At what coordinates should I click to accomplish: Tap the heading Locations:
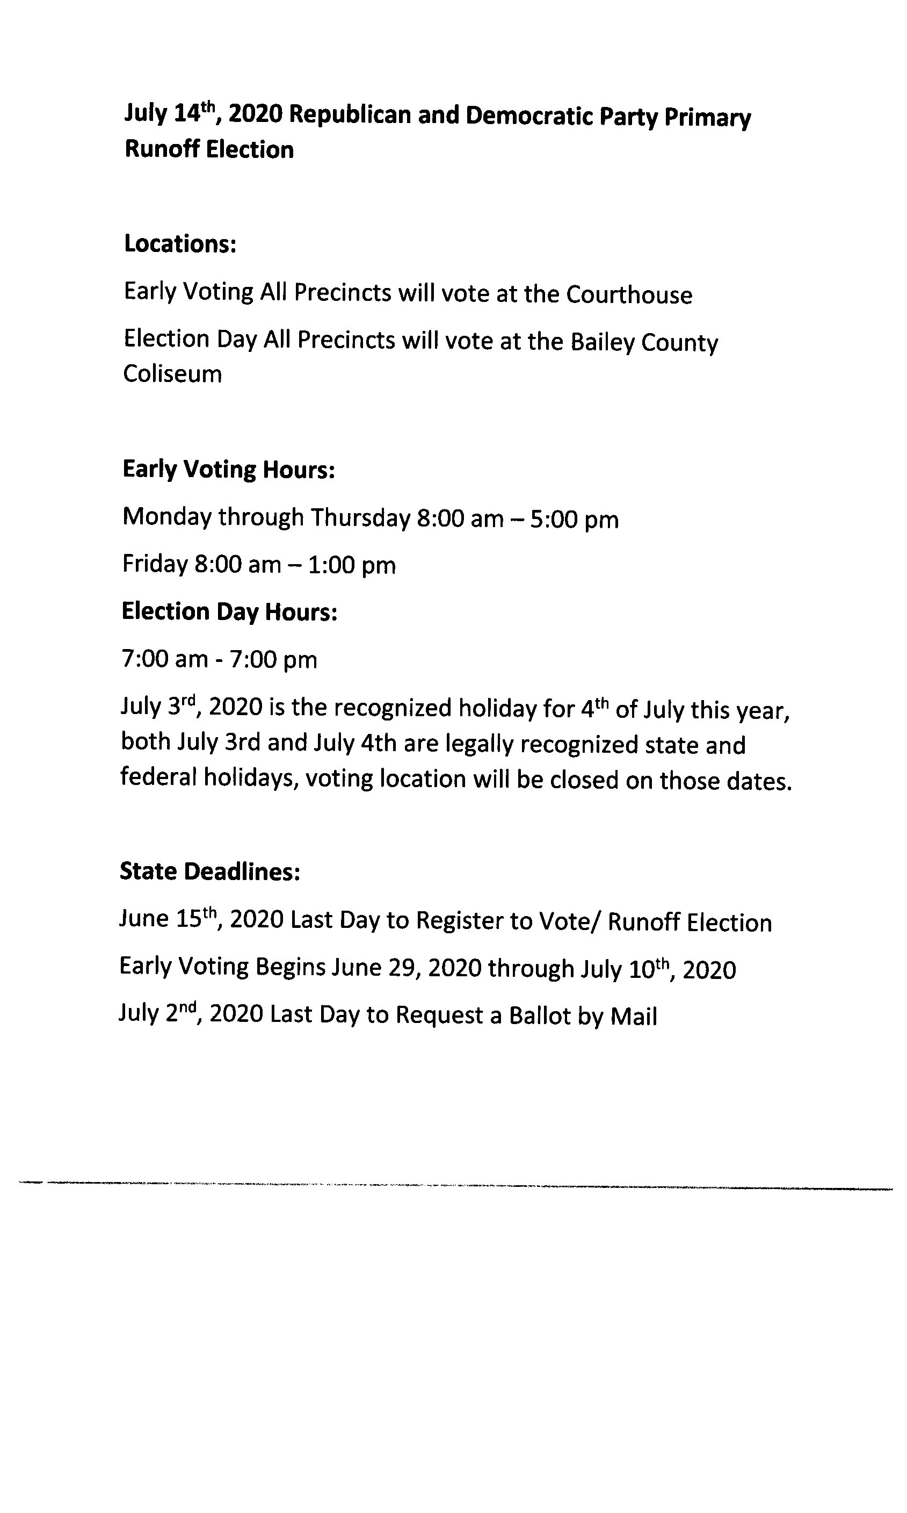pos(180,243)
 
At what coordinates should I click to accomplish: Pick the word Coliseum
pos(172,373)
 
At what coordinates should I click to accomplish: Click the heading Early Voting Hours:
pos(229,470)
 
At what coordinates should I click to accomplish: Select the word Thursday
pos(360,518)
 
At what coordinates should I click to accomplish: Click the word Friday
pos(155,564)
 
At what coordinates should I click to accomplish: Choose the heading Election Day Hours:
pos(229,611)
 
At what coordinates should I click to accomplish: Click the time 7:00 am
pos(164,659)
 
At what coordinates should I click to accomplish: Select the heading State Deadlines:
pos(209,871)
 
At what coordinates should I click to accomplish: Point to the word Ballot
pos(540,1015)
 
